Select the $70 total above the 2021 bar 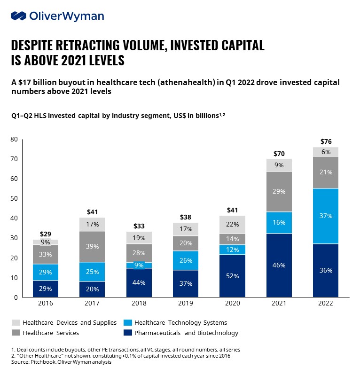point(279,153)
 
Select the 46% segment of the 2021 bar point(279,265)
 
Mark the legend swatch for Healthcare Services point(16,333)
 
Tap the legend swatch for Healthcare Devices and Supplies point(16,322)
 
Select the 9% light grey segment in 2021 point(279,165)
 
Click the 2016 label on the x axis point(45,304)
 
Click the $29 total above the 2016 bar point(45,234)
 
